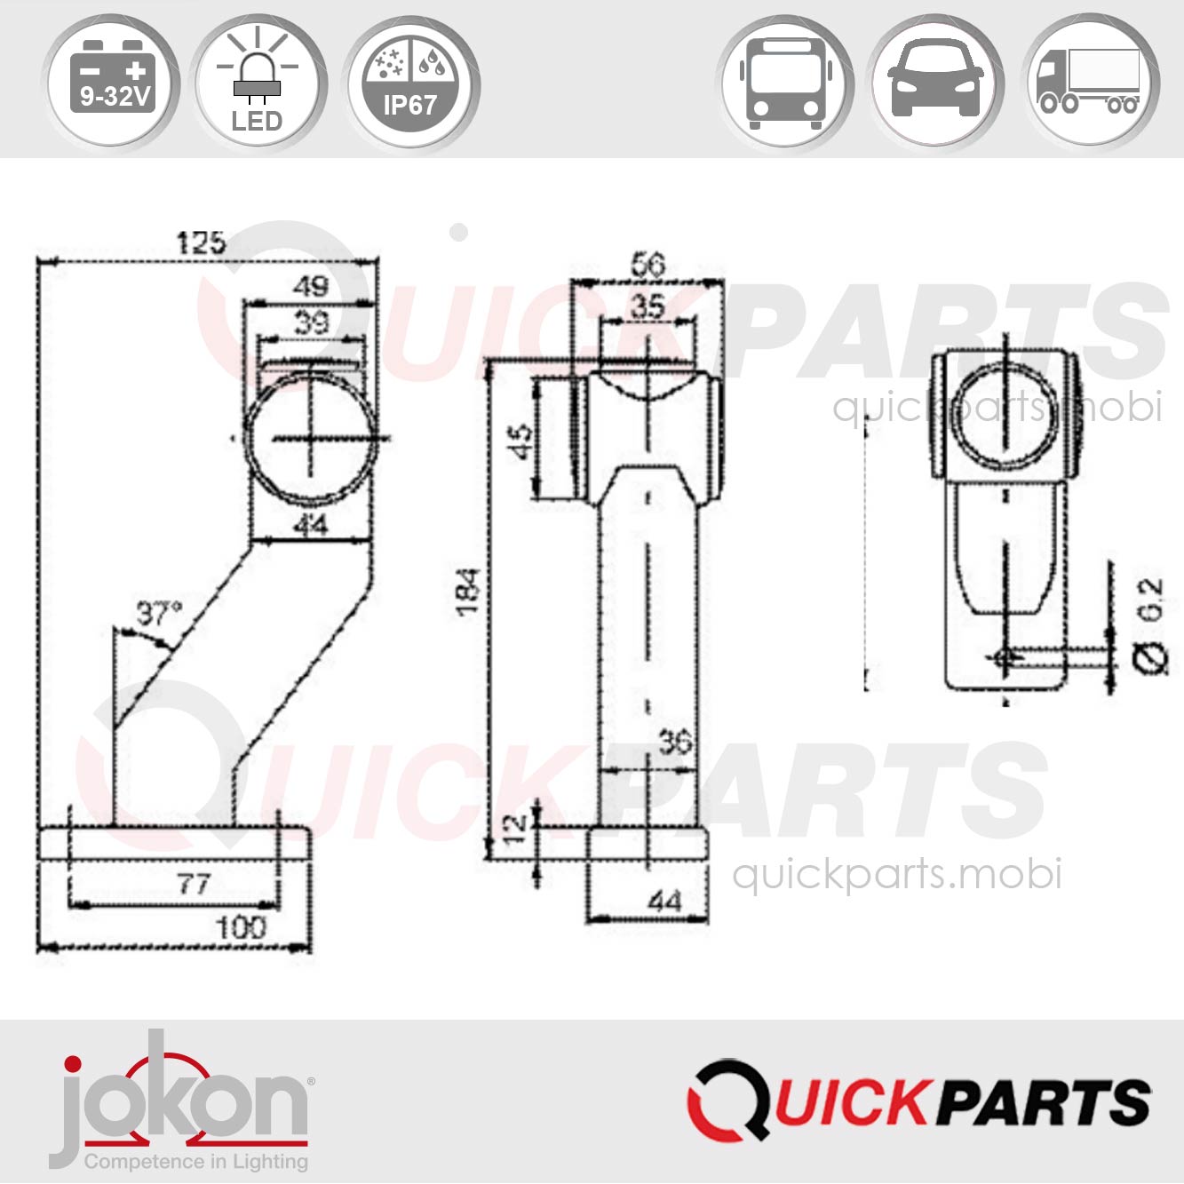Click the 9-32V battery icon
click(x=112, y=83)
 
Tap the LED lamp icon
click(x=258, y=83)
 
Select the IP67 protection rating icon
click(x=410, y=83)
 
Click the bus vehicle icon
click(x=784, y=83)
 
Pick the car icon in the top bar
click(x=936, y=83)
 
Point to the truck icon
click(x=1089, y=83)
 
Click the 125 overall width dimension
click(x=201, y=242)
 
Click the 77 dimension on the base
click(x=194, y=884)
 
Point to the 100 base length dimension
click(x=241, y=928)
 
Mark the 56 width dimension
click(x=648, y=264)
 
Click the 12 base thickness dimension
click(x=515, y=828)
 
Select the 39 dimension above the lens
click(x=311, y=322)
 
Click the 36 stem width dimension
click(x=675, y=742)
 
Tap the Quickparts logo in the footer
click(x=918, y=1100)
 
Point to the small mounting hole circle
click(x=1005, y=658)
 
